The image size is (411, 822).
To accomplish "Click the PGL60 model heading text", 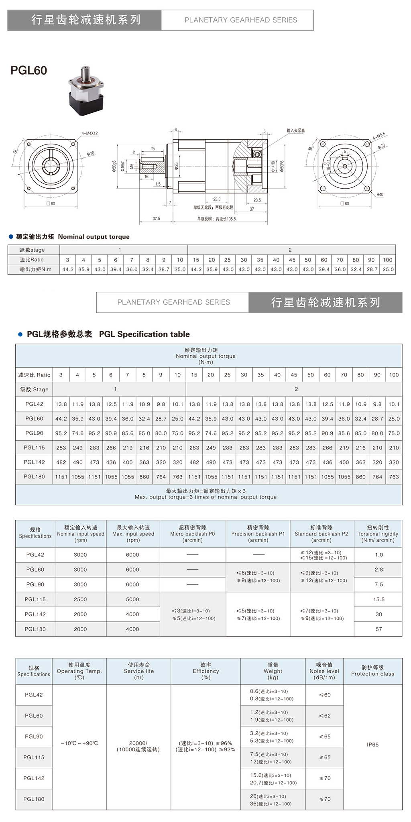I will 29,71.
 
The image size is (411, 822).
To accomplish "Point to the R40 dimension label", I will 380,195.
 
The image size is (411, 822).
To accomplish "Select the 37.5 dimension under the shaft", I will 156,219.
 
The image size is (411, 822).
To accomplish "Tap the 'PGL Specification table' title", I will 108,334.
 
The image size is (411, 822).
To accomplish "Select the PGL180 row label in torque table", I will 34,477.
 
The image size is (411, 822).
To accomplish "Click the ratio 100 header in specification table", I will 394,375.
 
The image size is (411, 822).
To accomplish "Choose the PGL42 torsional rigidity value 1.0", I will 378,555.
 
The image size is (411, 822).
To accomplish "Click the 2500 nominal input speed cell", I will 80,599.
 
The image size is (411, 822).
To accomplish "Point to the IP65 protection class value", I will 372,745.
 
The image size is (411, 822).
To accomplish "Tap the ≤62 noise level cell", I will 325,716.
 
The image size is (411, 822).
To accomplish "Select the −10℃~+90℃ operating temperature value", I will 79,743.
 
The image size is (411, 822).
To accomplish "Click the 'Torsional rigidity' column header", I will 378,534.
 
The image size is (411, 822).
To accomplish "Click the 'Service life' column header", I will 138,671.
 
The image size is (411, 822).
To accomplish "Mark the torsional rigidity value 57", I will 378,629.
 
